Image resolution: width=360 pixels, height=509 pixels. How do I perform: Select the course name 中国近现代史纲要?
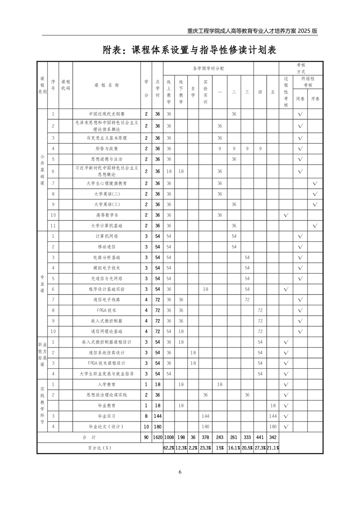click(x=107, y=114)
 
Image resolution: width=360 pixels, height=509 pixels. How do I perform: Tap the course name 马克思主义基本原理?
click(x=107, y=137)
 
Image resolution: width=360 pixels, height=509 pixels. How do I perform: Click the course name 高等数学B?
click(x=107, y=215)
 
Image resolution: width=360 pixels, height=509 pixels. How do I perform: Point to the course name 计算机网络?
click(x=107, y=236)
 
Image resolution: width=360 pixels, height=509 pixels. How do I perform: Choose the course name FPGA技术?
click(x=107, y=310)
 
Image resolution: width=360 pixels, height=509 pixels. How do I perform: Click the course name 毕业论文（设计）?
click(x=107, y=427)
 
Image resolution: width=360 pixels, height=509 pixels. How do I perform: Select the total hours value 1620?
click(x=157, y=437)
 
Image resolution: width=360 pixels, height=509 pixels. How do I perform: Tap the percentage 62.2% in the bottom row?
click(x=169, y=448)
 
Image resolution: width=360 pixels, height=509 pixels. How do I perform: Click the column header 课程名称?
click(x=107, y=85)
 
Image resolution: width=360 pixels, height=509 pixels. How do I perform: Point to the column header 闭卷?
click(x=300, y=98)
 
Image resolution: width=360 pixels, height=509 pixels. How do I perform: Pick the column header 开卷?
click(x=315, y=98)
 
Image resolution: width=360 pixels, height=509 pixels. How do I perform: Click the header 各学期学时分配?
click(x=208, y=68)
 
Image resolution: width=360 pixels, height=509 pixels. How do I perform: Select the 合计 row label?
click(x=89, y=437)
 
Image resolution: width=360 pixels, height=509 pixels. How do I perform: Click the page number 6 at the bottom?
click(x=180, y=472)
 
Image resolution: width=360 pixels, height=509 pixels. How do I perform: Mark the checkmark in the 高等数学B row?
click(x=286, y=215)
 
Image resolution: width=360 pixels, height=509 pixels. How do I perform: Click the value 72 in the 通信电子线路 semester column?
click(x=247, y=299)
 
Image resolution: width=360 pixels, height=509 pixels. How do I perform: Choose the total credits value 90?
click(x=146, y=437)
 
